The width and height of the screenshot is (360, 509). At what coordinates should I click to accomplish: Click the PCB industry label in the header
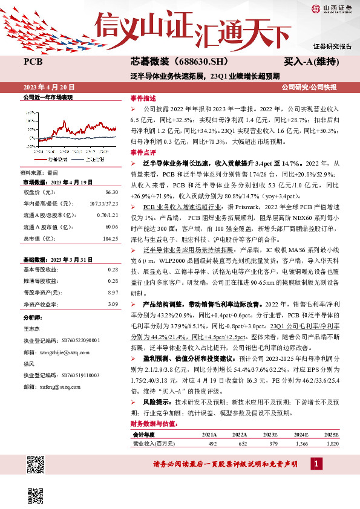click(x=32, y=62)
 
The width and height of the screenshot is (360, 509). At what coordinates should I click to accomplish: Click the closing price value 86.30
click(x=111, y=192)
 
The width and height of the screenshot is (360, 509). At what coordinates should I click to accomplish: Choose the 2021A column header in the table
click(x=209, y=434)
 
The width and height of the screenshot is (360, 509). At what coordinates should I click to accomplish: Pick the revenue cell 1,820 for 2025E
click(x=332, y=443)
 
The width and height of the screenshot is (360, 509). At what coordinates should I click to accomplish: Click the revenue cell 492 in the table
click(x=212, y=443)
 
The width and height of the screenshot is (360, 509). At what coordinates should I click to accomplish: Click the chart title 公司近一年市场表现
click(x=47, y=97)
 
